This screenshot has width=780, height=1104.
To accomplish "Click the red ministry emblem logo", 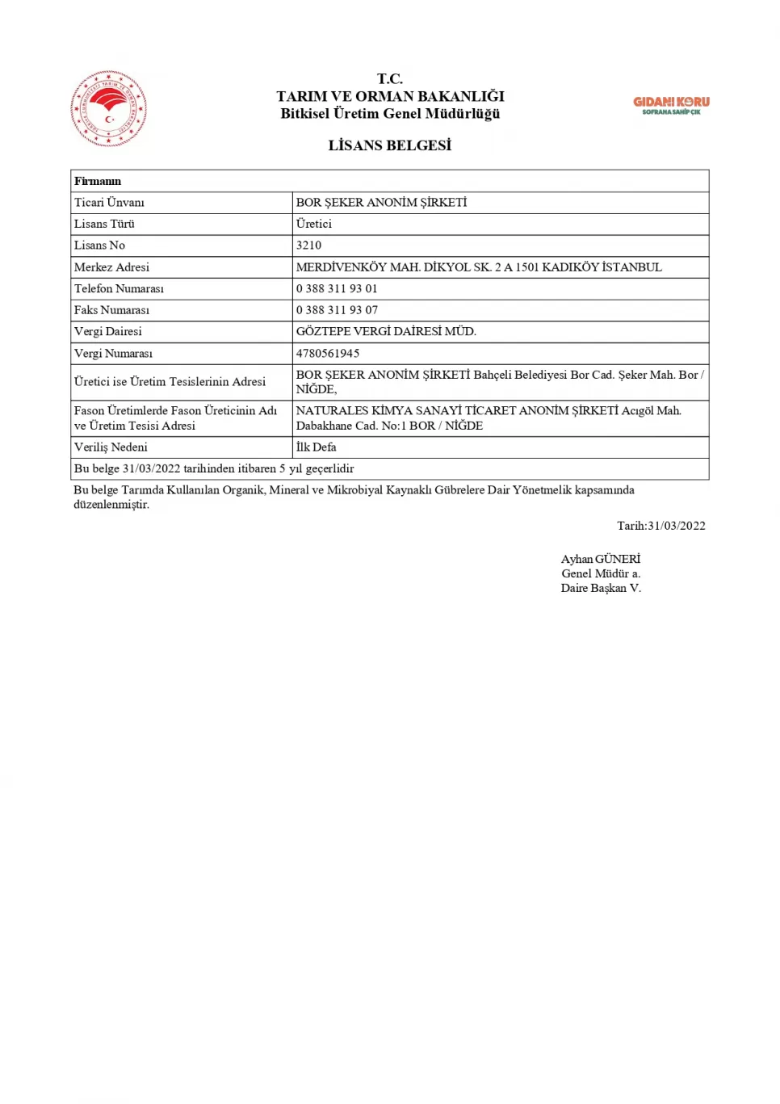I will coord(109,108).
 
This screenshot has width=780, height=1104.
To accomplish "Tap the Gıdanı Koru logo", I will coord(671,105).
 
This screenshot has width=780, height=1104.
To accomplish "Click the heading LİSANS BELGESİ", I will coord(389,145).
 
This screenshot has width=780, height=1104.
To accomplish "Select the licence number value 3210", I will coord(308,246).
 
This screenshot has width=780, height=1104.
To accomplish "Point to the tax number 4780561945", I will coord(327,354).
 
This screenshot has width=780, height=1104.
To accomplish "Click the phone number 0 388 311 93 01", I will coord(336,289).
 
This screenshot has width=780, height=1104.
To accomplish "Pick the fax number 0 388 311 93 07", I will coord(336,310).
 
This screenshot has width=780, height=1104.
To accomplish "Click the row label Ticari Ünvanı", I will coord(109,203).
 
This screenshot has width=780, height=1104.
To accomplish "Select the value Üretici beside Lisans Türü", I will coord(313,225).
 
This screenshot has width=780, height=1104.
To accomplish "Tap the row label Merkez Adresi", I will coord(111,267).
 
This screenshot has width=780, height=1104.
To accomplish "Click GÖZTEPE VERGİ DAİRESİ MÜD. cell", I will coord(386,332).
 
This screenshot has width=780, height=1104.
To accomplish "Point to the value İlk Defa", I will coord(316,447).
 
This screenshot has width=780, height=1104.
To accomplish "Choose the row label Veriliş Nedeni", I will coord(111,447).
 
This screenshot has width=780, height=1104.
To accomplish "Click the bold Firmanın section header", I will coord(98,181).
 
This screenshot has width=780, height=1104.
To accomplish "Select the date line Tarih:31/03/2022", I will coord(660,526).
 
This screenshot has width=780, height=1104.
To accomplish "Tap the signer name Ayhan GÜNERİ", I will coord(600,559).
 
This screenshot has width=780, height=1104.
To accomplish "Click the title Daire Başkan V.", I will coord(601,589).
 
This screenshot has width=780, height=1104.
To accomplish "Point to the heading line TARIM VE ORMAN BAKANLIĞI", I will coord(390,96).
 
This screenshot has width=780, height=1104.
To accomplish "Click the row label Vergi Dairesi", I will coord(107,332).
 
